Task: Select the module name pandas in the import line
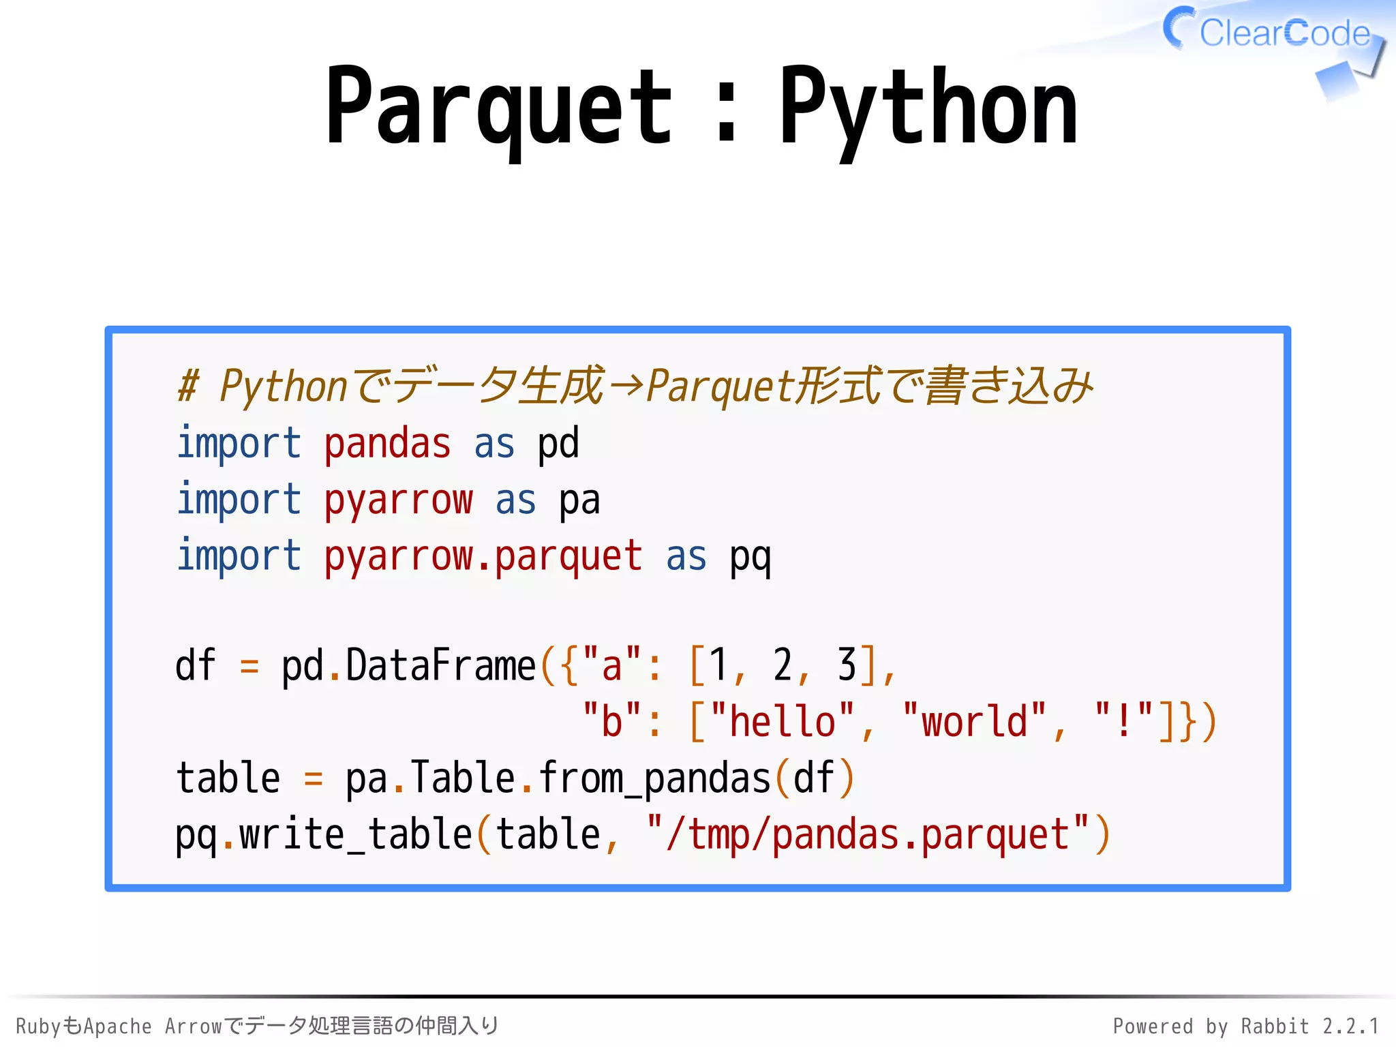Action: click(x=387, y=444)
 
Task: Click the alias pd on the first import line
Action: click(x=558, y=444)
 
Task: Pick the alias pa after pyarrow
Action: click(x=579, y=501)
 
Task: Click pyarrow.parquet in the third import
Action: click(x=483, y=557)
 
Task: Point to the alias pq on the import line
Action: click(x=750, y=557)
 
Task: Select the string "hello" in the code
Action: click(x=783, y=722)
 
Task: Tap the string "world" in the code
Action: click(x=974, y=722)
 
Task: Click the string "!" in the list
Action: click(x=1123, y=722)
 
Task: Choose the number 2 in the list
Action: click(x=782, y=666)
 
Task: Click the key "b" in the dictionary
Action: click(x=612, y=722)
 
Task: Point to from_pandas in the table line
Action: click(x=654, y=778)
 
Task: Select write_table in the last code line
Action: click(x=355, y=835)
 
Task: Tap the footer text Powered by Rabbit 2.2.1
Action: click(x=1245, y=1026)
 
